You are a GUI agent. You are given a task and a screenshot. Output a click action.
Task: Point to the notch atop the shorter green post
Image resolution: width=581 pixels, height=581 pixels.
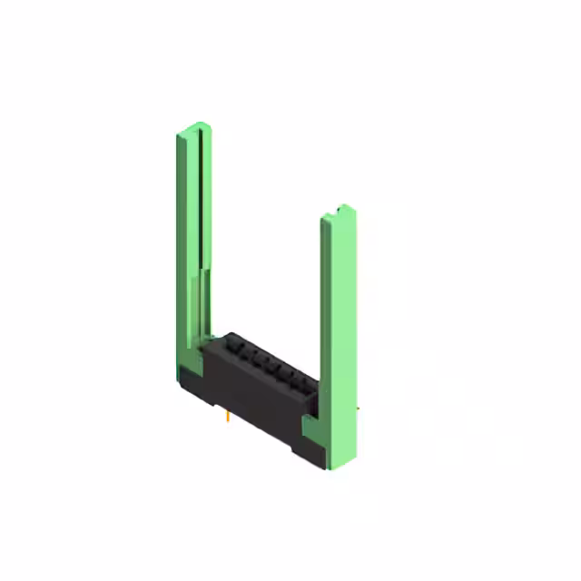click(343, 208)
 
